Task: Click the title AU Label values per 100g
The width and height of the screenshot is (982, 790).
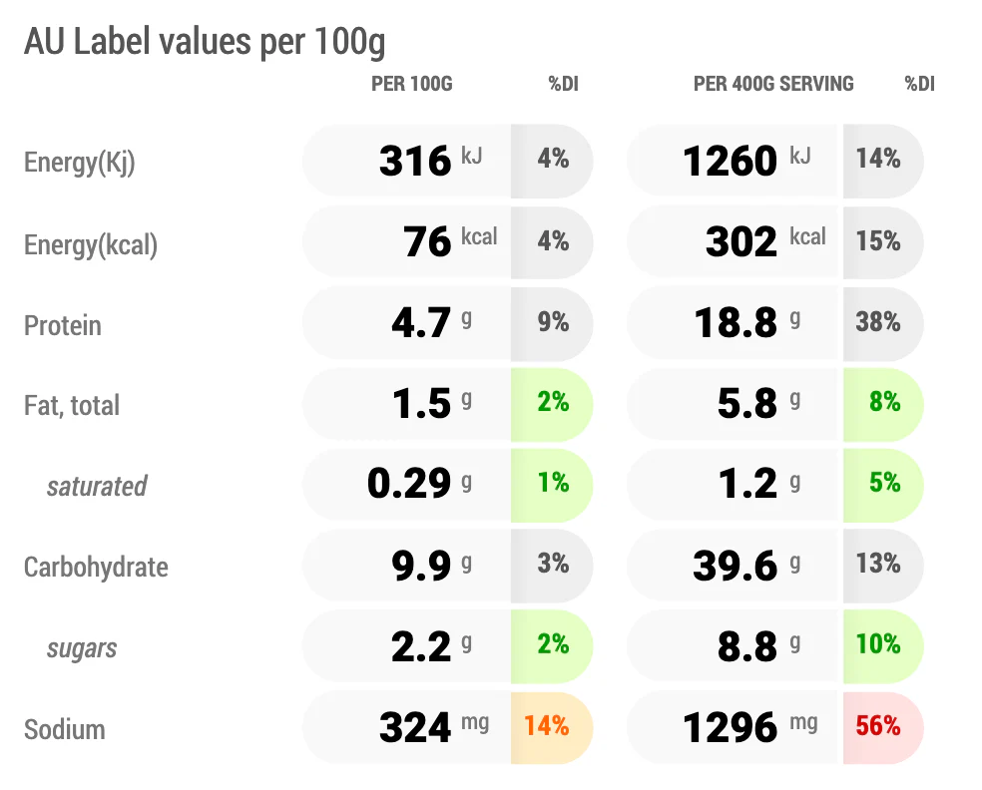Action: [205, 43]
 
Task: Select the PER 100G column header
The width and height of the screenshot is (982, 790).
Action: [411, 84]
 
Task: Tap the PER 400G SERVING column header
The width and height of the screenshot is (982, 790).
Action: [773, 84]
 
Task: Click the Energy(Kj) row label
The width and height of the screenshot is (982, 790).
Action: [80, 163]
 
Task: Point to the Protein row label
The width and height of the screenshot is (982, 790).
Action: [63, 325]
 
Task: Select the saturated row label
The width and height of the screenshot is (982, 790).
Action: [97, 487]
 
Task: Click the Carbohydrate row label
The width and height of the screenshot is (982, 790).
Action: [96, 568]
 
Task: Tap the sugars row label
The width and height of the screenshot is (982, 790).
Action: [82, 649]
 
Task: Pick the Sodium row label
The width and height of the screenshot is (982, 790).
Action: [65, 729]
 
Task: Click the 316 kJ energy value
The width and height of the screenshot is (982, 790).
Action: [430, 161]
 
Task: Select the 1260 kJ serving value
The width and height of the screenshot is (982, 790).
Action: [746, 161]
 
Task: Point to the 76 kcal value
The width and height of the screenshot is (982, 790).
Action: [450, 241]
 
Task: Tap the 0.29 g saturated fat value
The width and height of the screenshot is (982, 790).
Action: [419, 483]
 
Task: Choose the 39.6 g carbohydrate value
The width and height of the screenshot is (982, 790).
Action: [746, 566]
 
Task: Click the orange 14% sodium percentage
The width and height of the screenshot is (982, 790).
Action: [547, 726]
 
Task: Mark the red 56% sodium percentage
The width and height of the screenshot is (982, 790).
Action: [878, 726]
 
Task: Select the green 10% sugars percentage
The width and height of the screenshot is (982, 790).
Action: [878, 644]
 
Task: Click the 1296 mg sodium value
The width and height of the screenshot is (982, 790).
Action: [750, 727]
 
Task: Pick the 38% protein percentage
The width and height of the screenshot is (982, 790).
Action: [878, 322]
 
